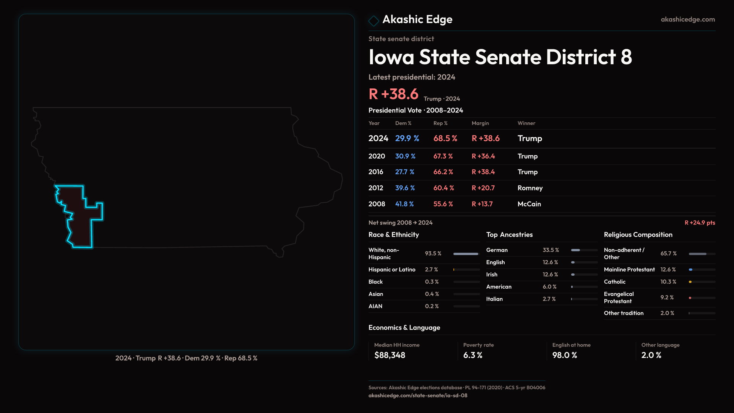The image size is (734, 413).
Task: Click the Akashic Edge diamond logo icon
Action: click(373, 21)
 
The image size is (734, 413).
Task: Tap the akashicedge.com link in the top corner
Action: click(688, 20)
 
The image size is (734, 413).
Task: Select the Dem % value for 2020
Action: click(405, 156)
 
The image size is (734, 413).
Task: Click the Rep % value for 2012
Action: click(443, 188)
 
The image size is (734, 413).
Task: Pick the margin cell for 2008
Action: click(482, 204)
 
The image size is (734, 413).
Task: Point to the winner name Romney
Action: click(530, 188)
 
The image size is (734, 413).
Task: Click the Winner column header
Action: click(526, 123)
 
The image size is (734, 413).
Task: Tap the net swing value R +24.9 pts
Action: click(700, 223)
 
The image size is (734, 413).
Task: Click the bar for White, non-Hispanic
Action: click(466, 254)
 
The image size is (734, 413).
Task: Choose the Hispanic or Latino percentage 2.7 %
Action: click(431, 270)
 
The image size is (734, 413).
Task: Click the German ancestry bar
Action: click(576, 250)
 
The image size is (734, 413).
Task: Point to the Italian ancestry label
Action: click(494, 299)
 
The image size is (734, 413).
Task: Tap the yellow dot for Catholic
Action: click(690, 282)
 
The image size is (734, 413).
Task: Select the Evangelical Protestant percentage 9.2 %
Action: click(667, 298)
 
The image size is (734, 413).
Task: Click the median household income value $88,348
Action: click(390, 355)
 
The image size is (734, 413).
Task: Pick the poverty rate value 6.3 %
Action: click(473, 355)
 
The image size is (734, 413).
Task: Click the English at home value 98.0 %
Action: click(564, 355)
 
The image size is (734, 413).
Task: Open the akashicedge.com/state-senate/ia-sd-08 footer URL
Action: click(417, 396)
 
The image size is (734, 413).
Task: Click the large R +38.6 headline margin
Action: click(393, 94)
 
